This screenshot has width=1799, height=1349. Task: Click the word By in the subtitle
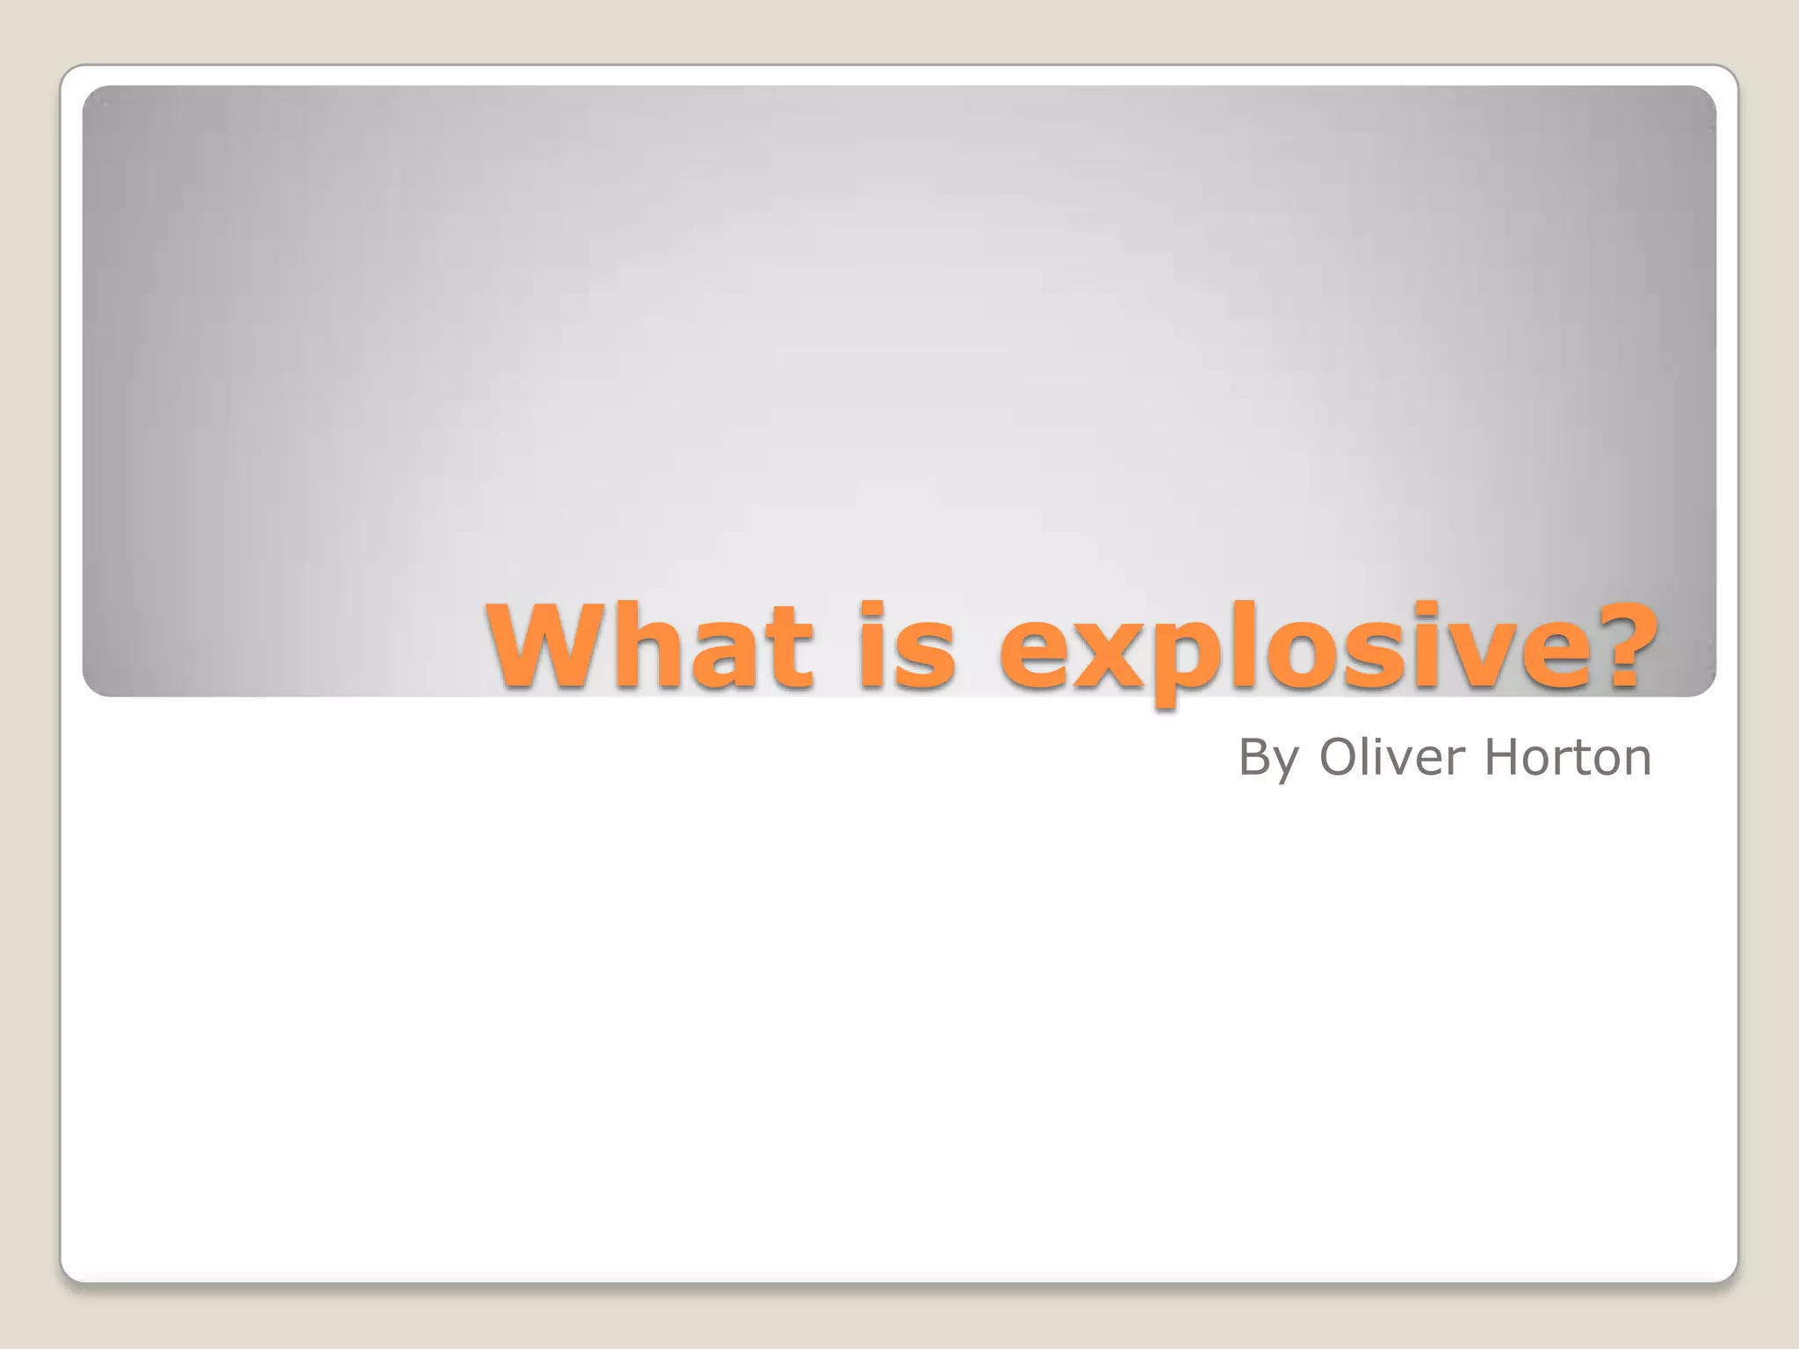[x=1268, y=758]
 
